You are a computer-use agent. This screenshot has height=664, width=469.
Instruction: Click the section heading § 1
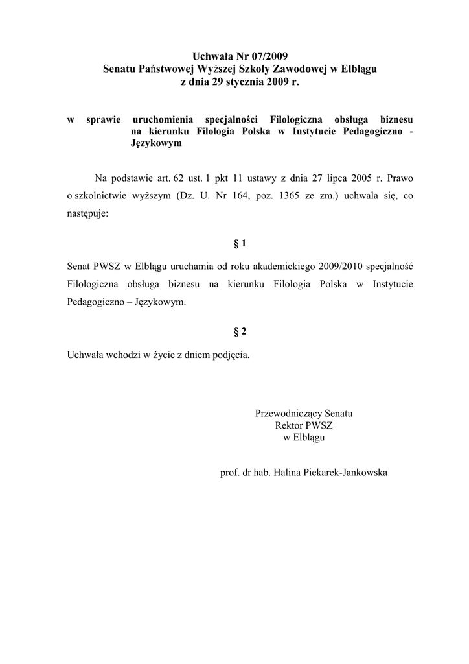(240, 243)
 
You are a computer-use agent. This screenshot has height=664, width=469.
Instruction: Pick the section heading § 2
(240, 332)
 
